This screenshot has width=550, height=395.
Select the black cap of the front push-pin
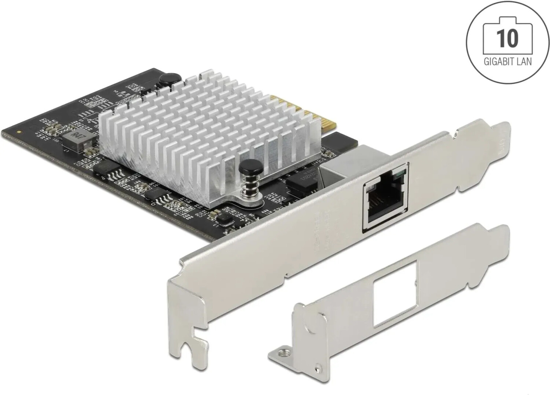[245, 168]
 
